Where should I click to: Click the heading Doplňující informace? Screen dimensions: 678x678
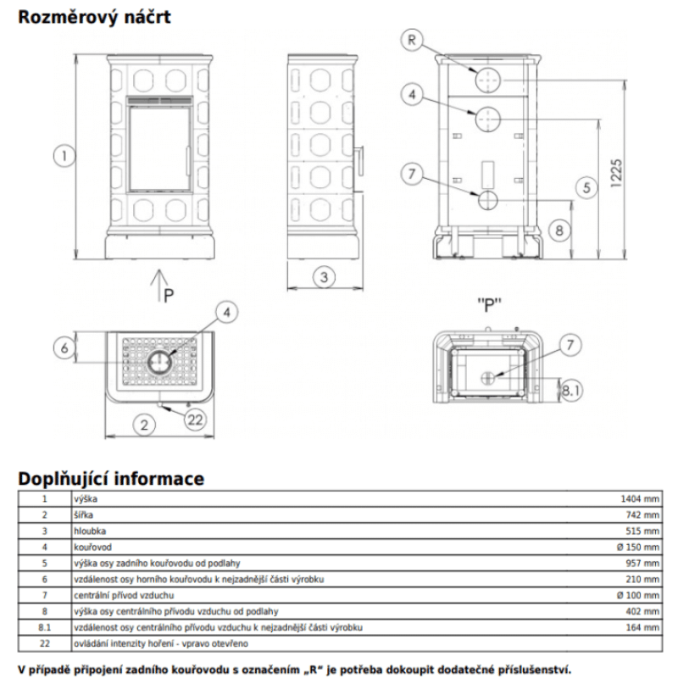coord(111,478)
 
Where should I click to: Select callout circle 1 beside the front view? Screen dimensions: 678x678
coord(61,155)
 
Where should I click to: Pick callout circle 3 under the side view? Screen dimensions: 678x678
coord(323,275)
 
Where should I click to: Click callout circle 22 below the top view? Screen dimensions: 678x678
coord(194,420)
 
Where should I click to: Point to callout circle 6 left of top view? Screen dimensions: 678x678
coord(61,347)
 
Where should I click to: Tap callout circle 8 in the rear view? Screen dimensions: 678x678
coord(558,230)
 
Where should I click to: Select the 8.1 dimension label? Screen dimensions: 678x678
coord(571,391)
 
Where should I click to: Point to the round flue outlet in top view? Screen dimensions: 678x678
coord(158,363)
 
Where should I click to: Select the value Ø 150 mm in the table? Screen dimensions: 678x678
coord(638,547)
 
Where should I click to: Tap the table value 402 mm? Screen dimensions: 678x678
coord(645,610)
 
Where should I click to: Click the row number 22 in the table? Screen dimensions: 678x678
coord(45,642)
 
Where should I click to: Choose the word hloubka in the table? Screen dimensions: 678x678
coord(91,531)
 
